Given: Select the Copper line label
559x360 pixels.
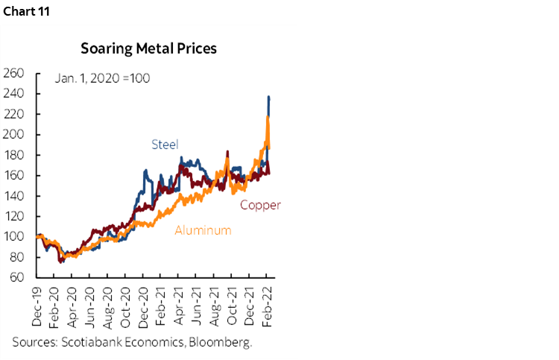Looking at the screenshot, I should (x=259, y=205).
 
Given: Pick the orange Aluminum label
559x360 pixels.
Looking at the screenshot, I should (x=203, y=230).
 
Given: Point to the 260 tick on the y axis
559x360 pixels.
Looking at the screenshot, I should (x=14, y=73).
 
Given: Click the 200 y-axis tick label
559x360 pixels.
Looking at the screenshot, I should (x=14, y=135).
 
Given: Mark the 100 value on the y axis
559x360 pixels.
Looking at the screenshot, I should (x=14, y=237).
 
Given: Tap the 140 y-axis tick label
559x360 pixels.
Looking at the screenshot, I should (x=14, y=196).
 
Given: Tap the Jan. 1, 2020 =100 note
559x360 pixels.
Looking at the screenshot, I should (x=103, y=78).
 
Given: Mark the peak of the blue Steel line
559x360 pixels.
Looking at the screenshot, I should (x=268, y=97).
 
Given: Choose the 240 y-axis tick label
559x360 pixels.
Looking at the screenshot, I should (x=14, y=94).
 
